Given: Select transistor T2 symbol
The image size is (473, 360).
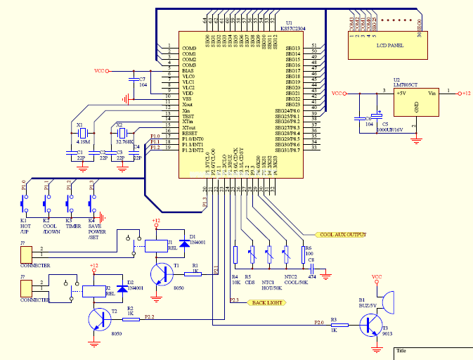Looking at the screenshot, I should (99, 319).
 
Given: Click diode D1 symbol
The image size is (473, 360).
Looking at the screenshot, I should (184, 243).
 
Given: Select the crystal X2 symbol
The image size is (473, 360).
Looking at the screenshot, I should (121, 134).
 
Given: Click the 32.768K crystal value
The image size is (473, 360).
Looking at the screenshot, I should (124, 141).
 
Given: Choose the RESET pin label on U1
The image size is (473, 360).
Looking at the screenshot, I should (188, 133).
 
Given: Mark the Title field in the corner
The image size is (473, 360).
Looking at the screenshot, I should (402, 349).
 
